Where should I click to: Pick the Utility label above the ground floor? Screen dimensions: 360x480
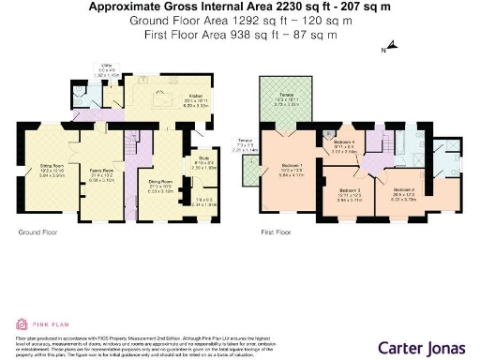[x=106, y=68]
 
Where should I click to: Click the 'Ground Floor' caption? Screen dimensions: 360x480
[x=36, y=231]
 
